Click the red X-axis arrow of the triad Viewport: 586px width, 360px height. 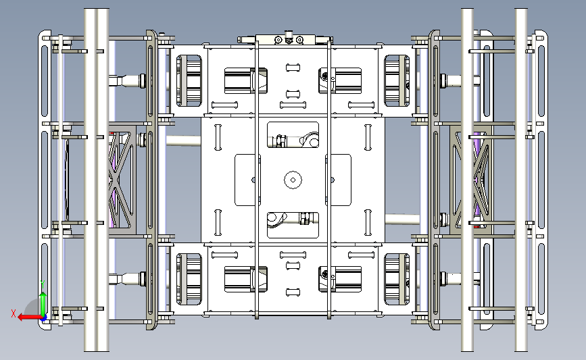tap(29, 317)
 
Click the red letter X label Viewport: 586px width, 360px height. tap(14, 313)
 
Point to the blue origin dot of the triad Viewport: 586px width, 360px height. tap(44, 318)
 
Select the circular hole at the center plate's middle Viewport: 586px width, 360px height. tap(293, 180)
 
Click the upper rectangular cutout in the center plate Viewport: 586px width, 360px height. tap(293, 135)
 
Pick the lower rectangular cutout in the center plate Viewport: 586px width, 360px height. tap(293, 225)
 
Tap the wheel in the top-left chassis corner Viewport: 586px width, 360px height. tap(189, 80)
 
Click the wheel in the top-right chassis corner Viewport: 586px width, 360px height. tap(397, 80)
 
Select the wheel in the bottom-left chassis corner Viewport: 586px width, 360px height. tap(189, 279)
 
